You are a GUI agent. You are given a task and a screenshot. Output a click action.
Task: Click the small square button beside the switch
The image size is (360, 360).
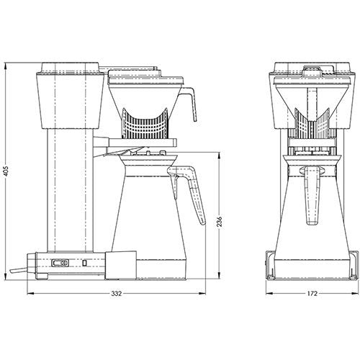(84, 264)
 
